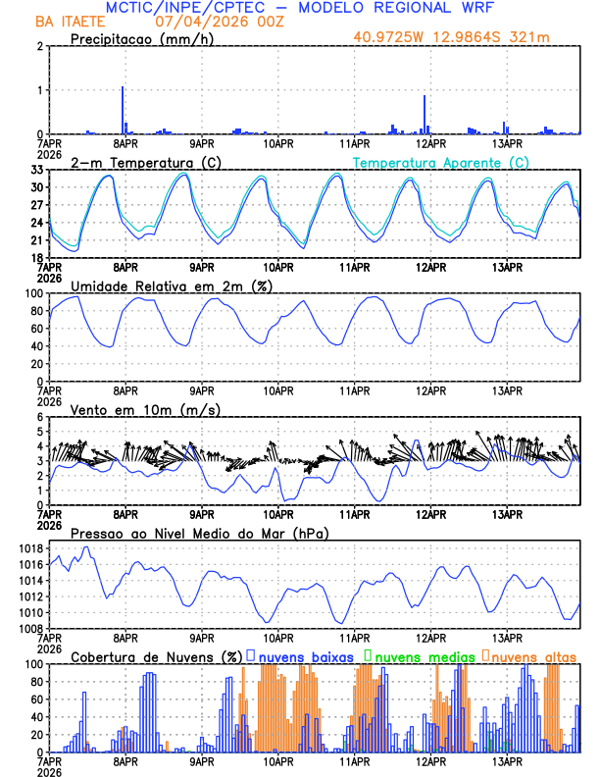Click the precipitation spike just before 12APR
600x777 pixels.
point(425,114)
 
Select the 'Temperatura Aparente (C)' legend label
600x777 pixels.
point(441,162)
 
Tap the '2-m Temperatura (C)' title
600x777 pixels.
point(138,162)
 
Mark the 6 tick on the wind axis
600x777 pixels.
point(40,417)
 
